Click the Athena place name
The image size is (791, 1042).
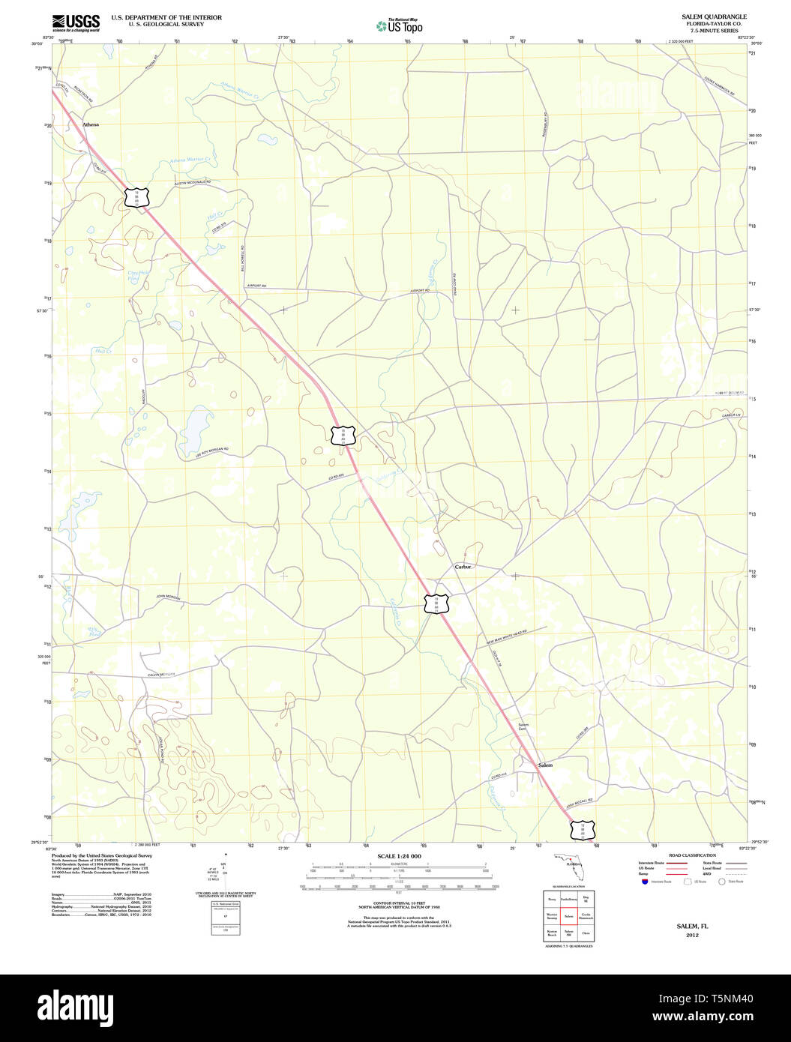[90, 124]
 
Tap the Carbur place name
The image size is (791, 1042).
[463, 567]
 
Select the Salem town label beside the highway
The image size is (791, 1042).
[545, 765]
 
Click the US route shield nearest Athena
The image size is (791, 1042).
[137, 197]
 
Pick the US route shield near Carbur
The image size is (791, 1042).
[436, 603]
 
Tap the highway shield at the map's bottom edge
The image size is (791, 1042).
[583, 830]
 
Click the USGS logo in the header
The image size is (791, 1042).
[76, 23]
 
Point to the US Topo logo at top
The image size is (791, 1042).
[400, 25]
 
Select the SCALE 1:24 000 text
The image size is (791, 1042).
[399, 856]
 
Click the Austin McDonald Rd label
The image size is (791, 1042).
[193, 183]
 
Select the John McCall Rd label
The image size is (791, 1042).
[580, 801]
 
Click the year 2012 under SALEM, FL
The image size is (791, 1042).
[691, 935]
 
